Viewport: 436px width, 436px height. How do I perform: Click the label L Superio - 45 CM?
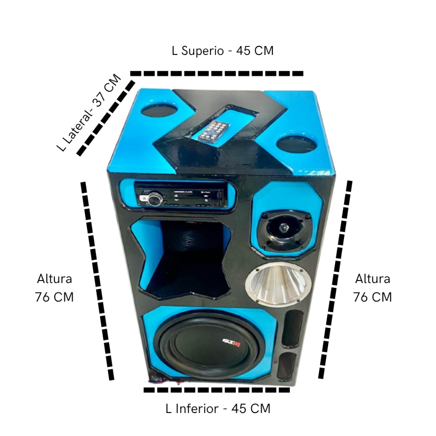click(222, 51)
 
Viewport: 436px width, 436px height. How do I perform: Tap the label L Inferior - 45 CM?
click(218, 408)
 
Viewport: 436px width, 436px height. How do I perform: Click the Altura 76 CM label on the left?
click(54, 288)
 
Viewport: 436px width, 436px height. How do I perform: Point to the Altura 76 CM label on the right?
click(373, 288)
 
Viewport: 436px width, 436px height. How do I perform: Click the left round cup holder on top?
click(158, 110)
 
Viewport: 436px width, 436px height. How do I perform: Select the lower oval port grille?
click(287, 364)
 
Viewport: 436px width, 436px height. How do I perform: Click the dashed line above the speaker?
click(217, 73)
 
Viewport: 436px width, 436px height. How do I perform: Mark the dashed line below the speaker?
click(218, 390)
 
